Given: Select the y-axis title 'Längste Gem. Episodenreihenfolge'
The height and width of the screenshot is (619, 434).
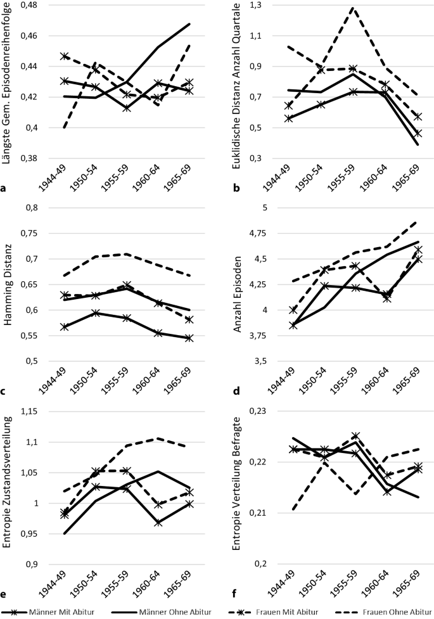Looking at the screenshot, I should tap(8, 82).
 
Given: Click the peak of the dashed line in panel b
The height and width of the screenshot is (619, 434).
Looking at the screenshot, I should tap(352, 8).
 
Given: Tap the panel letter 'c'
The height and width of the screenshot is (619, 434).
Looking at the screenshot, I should tap(4, 392).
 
